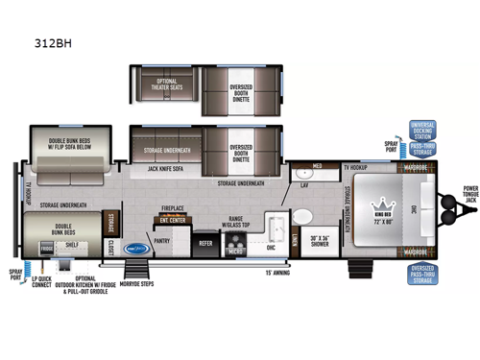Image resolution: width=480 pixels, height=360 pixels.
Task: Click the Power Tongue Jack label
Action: pyautogui.click(x=468, y=194)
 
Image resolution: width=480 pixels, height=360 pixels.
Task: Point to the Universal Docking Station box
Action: pyautogui.click(x=422, y=130)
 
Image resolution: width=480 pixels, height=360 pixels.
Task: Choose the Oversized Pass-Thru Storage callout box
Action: pyautogui.click(x=422, y=274)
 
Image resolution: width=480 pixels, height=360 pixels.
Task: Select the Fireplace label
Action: pyautogui.click(x=172, y=207)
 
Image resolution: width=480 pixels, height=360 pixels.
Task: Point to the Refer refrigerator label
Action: pyautogui.click(x=205, y=244)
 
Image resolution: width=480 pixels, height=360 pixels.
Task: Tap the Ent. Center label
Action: pyautogui.click(x=173, y=218)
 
